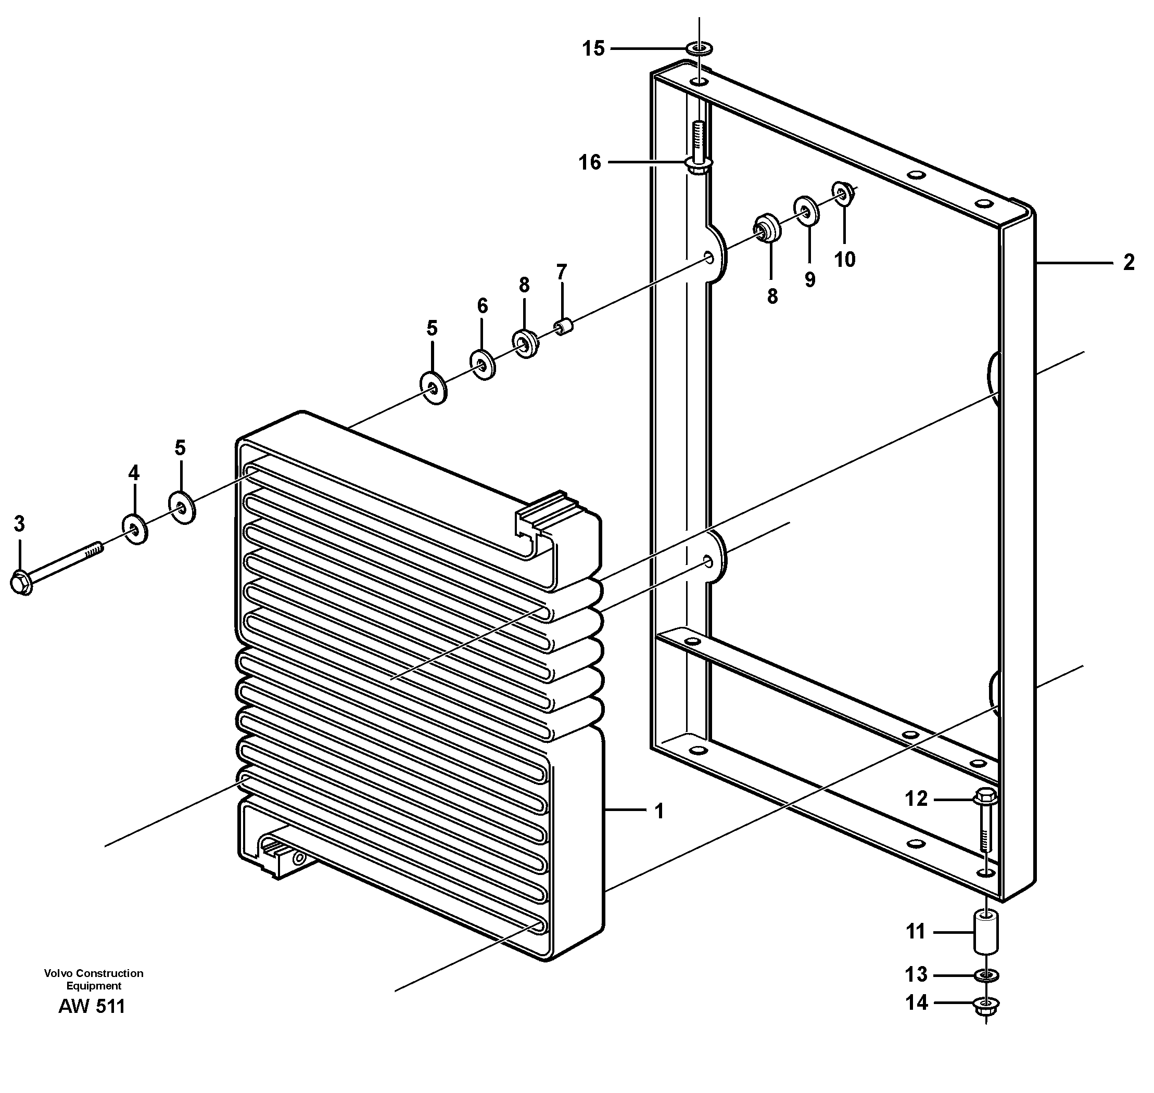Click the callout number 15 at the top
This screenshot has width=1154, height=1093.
(593, 49)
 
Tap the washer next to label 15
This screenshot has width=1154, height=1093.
(700, 48)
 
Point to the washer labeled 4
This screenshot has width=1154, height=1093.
(135, 529)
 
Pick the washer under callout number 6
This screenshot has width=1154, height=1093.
(483, 365)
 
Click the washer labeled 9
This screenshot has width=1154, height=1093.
(806, 210)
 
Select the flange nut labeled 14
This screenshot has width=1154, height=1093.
(985, 1004)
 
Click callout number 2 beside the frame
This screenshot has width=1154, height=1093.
(1128, 263)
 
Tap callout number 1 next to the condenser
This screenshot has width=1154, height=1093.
(659, 812)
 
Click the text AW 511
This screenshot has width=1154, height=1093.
(92, 1006)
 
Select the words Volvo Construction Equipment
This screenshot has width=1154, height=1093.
(93, 980)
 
